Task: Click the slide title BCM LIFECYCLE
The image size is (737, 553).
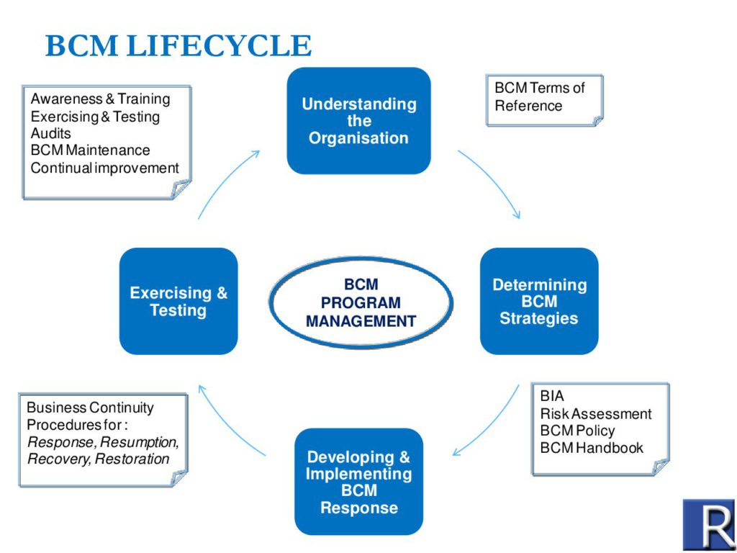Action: click(x=178, y=46)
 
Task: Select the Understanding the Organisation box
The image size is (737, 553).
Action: click(x=358, y=121)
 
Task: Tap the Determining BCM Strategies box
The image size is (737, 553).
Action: click(x=539, y=301)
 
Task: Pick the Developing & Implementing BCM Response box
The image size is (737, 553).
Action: click(x=358, y=482)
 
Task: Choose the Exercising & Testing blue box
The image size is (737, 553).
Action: click(x=178, y=301)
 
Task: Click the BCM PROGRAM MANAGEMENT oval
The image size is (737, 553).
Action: click(x=361, y=302)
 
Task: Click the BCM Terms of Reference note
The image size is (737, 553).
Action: click(x=543, y=98)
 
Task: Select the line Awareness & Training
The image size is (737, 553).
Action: click(x=100, y=99)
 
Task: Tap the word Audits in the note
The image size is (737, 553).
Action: click(x=50, y=133)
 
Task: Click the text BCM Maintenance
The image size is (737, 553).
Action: click(x=90, y=150)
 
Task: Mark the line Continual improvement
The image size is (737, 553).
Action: click(x=104, y=168)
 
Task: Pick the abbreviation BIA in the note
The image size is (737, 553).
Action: click(x=552, y=396)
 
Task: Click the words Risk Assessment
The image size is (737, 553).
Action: click(x=596, y=413)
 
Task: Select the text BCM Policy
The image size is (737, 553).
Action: click(x=577, y=431)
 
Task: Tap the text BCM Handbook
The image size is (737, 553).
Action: click(x=592, y=448)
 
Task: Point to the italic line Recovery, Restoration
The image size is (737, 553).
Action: click(x=99, y=459)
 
